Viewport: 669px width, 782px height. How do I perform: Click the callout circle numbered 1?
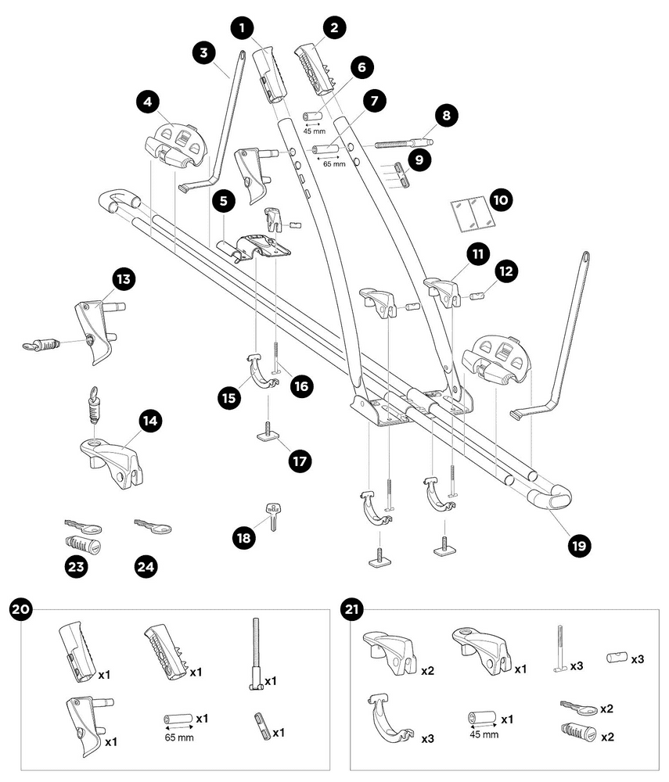coord(243,29)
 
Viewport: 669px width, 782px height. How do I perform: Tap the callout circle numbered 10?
coord(501,201)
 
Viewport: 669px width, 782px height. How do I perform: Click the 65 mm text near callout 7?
coord(333,164)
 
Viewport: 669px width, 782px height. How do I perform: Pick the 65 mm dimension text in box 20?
coord(178,737)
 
